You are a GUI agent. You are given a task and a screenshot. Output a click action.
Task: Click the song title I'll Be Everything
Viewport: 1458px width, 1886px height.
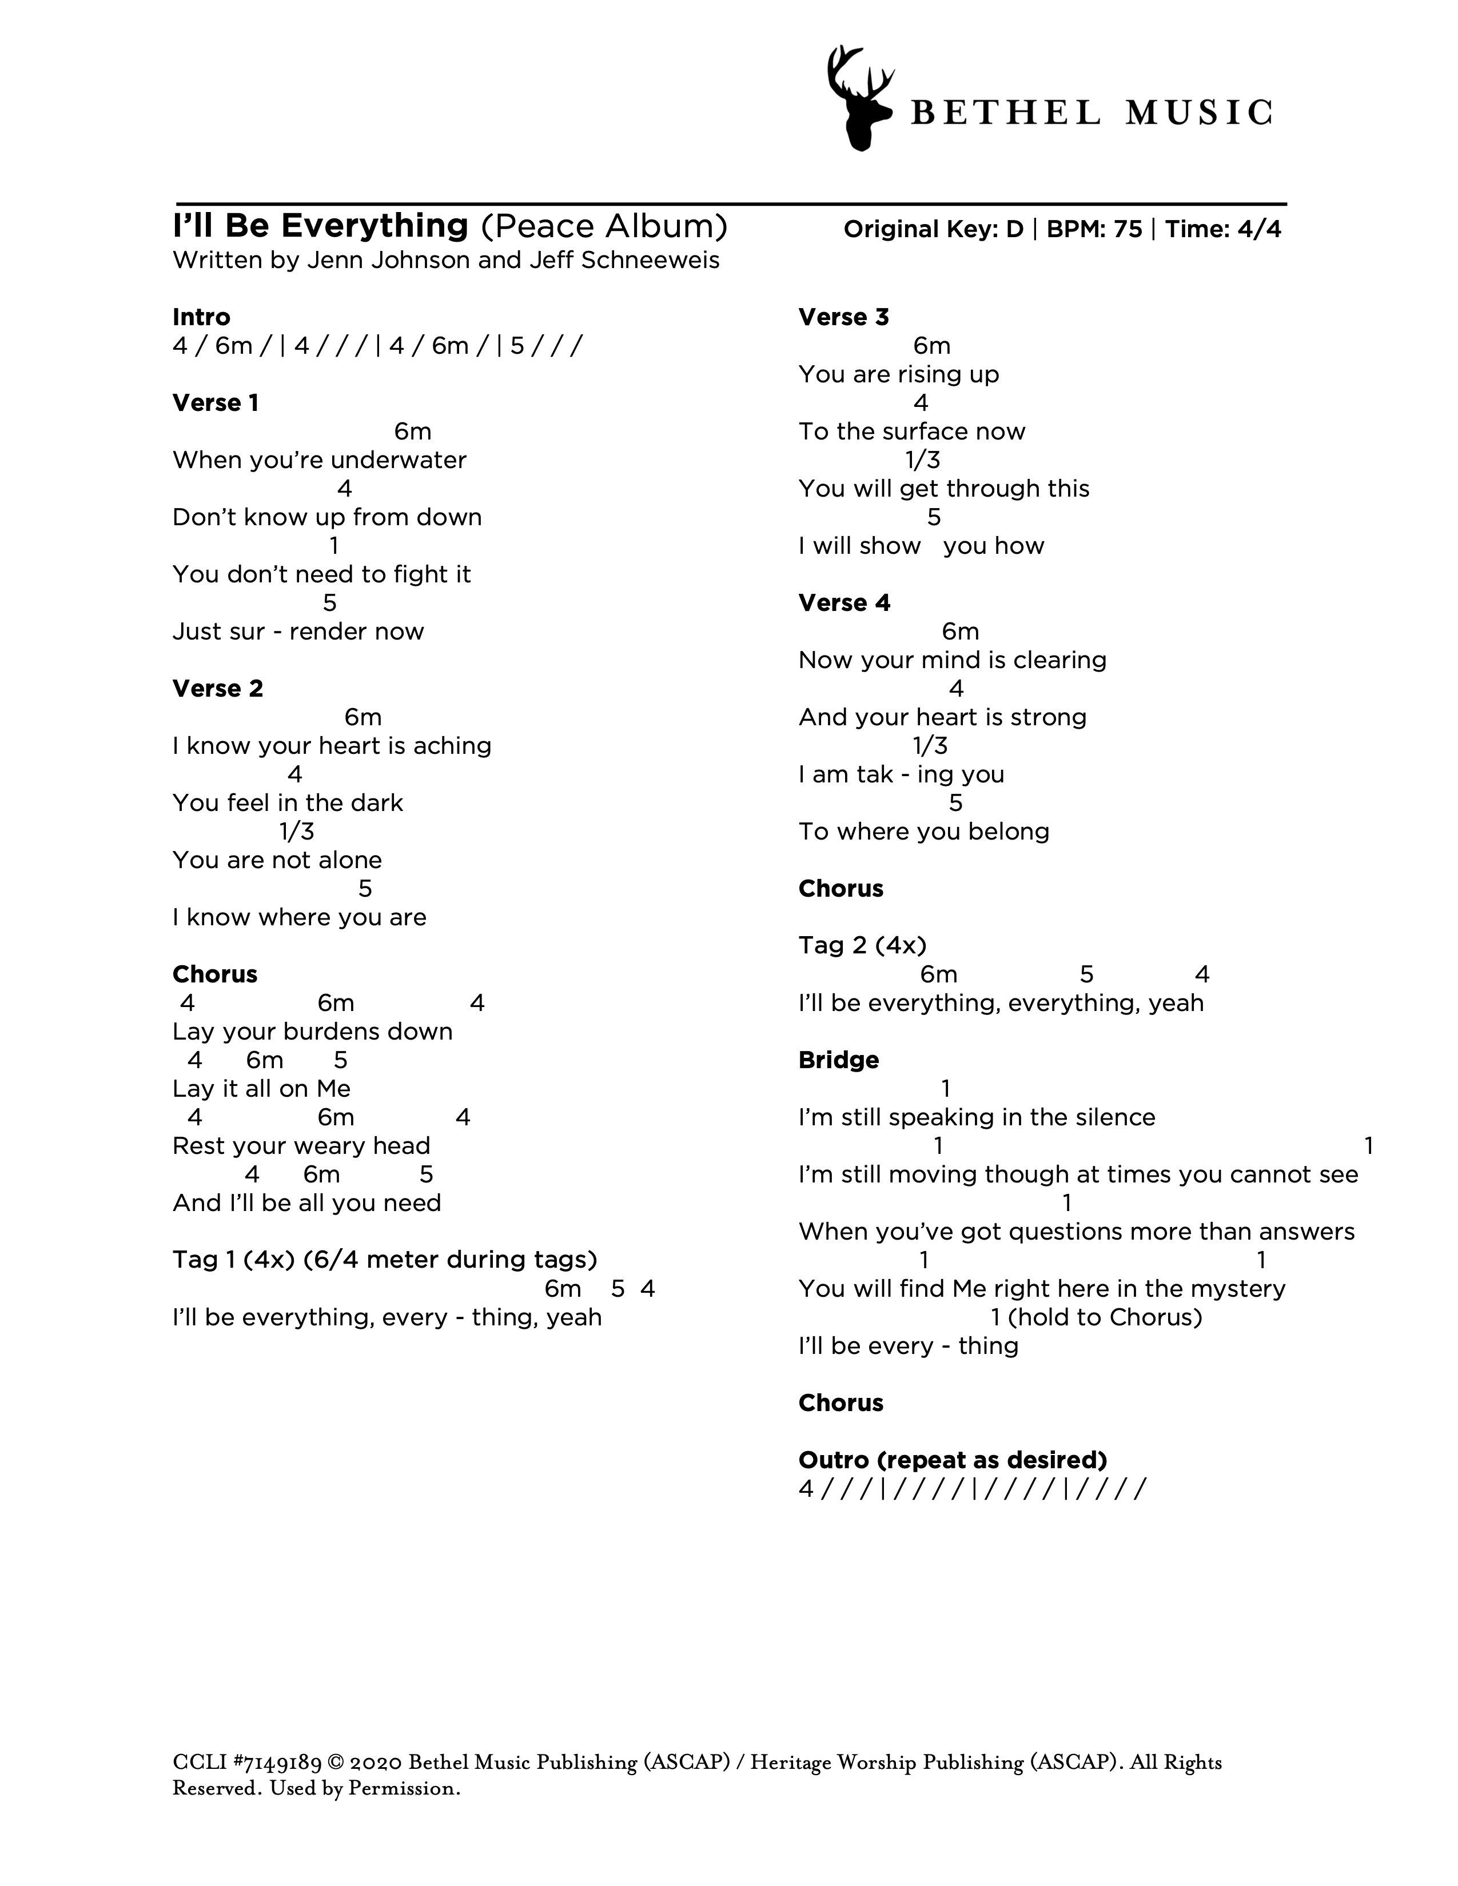[320, 226]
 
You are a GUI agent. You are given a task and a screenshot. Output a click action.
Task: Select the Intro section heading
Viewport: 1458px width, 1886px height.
[201, 317]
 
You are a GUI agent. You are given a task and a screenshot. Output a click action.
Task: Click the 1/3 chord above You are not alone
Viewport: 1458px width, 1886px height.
[296, 832]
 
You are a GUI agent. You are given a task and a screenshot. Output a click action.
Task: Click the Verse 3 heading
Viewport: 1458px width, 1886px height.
[843, 317]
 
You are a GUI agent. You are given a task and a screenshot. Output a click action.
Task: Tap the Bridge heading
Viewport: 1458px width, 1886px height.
[838, 1060]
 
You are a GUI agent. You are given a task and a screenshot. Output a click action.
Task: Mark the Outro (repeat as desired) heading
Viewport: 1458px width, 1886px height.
[952, 1460]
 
